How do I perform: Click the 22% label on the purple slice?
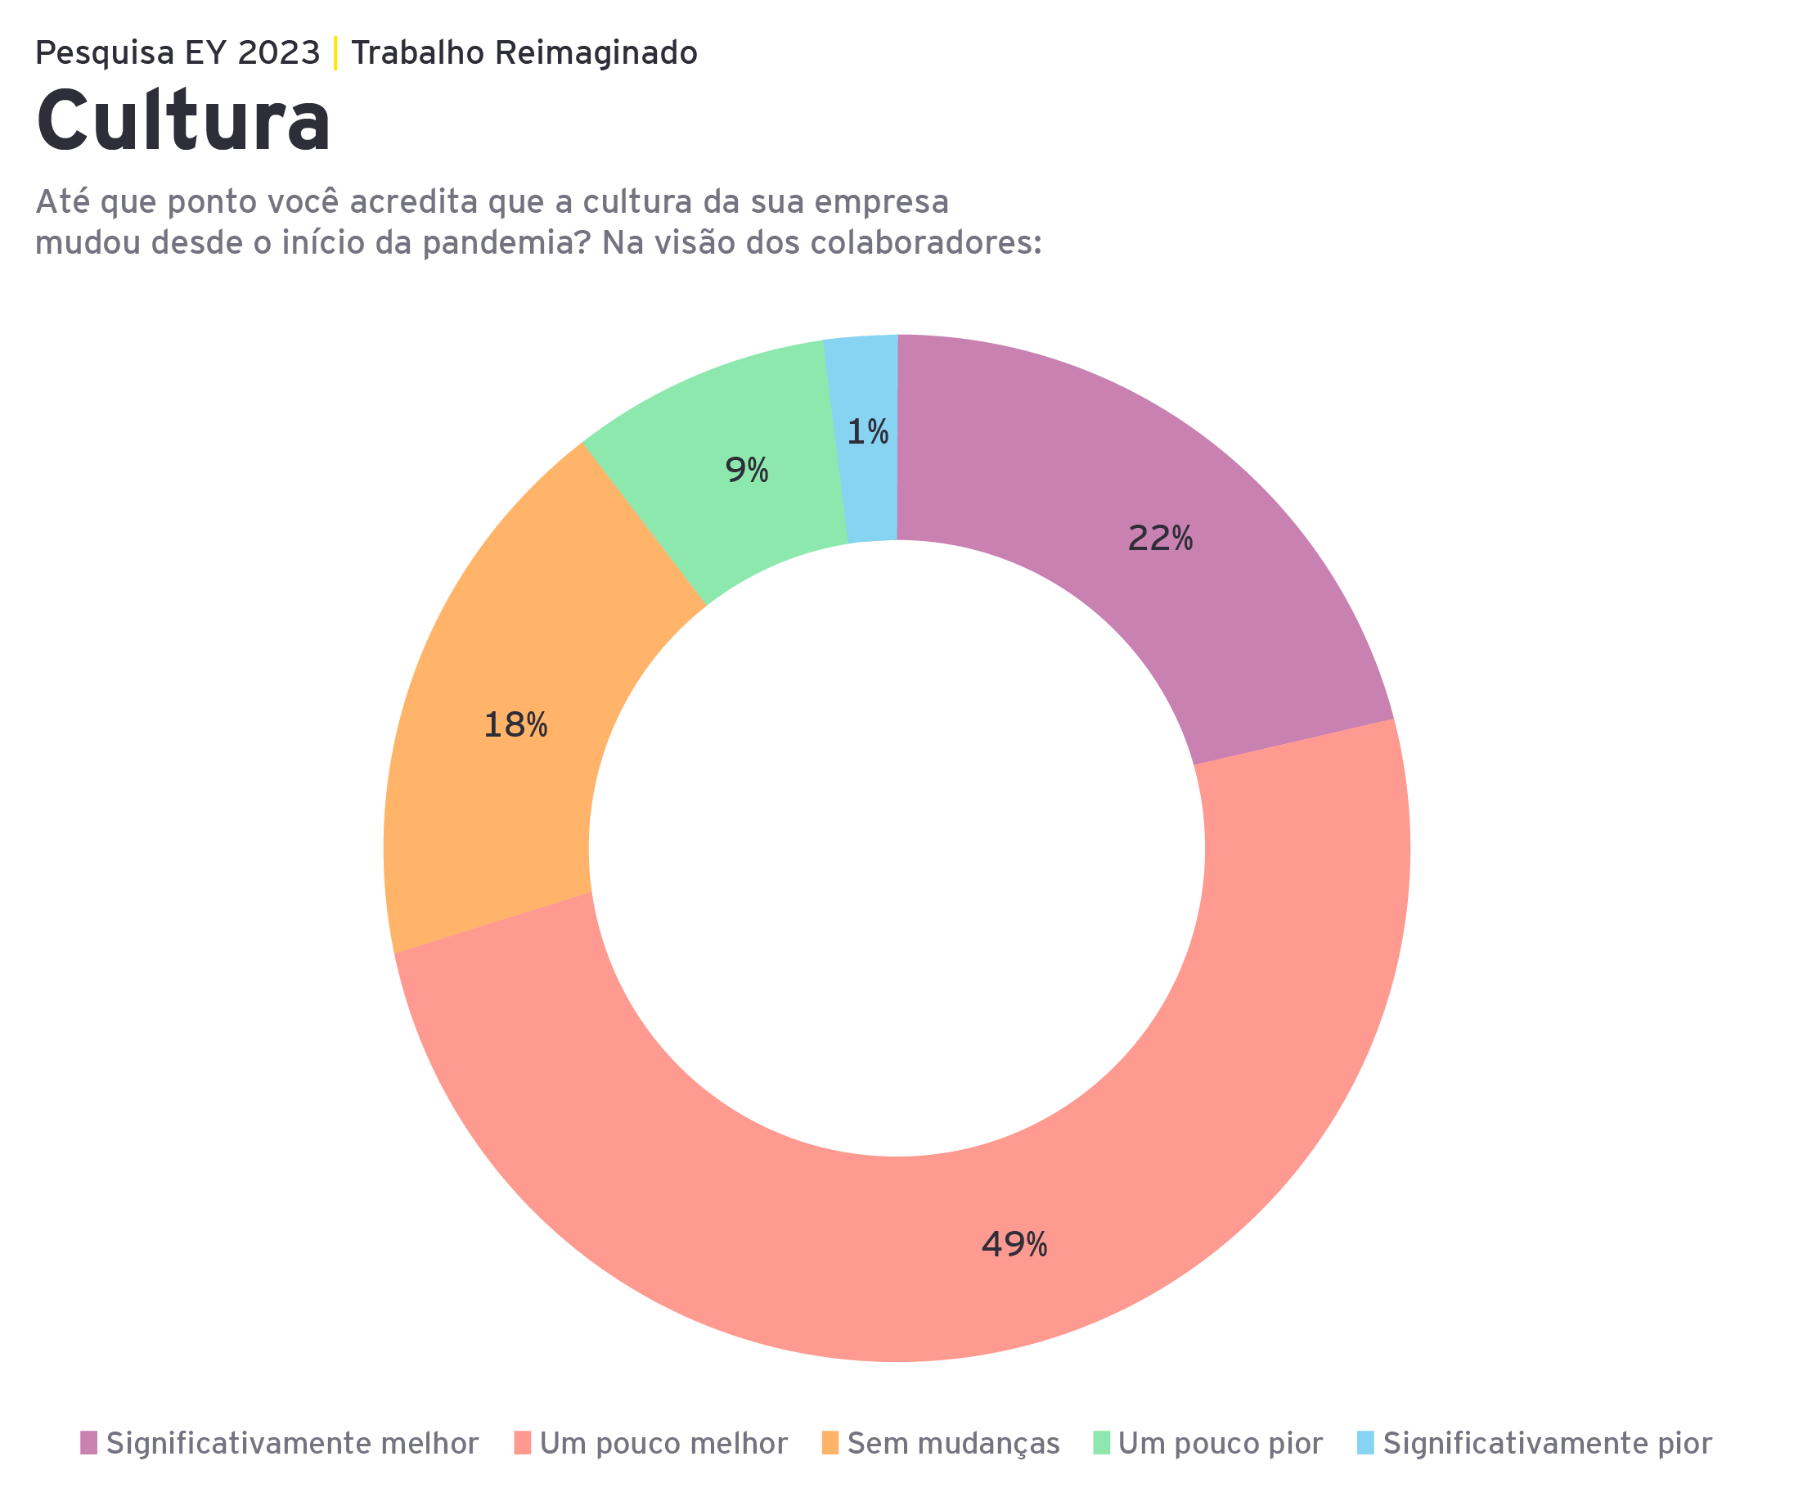[x=1159, y=539]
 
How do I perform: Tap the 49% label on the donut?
[x=1014, y=1244]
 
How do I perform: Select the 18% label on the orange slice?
[x=515, y=726]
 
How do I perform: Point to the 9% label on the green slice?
[x=747, y=470]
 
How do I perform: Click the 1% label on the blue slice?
[x=867, y=432]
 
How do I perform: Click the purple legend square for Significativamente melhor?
[x=89, y=1443]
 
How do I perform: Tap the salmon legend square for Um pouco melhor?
[x=523, y=1443]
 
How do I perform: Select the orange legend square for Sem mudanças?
[x=830, y=1443]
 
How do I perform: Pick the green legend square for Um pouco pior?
[x=1102, y=1443]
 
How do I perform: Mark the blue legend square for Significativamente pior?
[x=1366, y=1443]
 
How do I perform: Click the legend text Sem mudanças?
[x=953, y=1444]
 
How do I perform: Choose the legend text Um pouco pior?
[x=1220, y=1444]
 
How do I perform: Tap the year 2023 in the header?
[x=278, y=53]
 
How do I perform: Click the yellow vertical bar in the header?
[x=335, y=53]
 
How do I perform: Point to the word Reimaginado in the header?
[x=596, y=54]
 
